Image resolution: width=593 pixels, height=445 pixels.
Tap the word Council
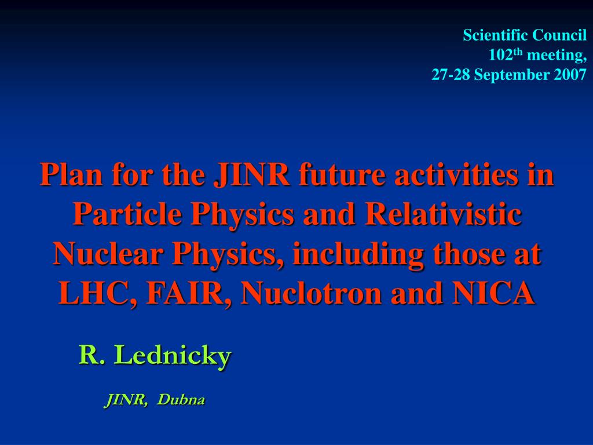[554, 35]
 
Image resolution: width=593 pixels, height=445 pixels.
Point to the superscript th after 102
[518, 52]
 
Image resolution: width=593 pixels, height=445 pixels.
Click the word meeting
[557, 55]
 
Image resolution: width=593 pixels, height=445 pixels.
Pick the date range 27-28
[451, 75]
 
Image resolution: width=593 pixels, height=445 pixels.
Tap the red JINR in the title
[251, 174]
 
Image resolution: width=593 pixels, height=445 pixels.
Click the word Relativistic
[443, 214]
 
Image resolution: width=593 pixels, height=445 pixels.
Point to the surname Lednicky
[173, 356]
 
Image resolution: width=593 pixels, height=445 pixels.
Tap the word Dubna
[181, 400]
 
